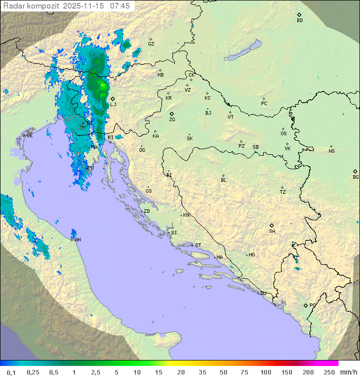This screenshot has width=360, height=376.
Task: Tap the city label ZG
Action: pos(172,120)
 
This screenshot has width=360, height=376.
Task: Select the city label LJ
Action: pos(113,104)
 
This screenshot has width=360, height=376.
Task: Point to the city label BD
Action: pos(299,21)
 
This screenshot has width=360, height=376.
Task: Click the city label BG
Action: pos(355,177)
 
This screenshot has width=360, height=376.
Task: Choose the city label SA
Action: pos(272,231)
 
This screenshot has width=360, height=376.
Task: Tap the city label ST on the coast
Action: pos(198,245)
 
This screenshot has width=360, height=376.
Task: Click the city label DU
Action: pos(262,293)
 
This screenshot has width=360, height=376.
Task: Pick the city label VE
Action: pos(29,135)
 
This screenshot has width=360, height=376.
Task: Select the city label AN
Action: pos(77,240)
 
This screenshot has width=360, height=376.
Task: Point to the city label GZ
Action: pos(151,44)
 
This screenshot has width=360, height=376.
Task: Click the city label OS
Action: pos(283,134)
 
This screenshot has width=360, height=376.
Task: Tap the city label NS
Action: pos(331,151)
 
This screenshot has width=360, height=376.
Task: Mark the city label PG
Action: pos(312,305)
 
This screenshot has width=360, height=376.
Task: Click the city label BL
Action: pos(223,180)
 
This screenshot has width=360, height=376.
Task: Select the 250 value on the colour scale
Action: pos(329,372)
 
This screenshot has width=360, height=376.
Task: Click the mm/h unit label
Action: pos(348,372)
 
